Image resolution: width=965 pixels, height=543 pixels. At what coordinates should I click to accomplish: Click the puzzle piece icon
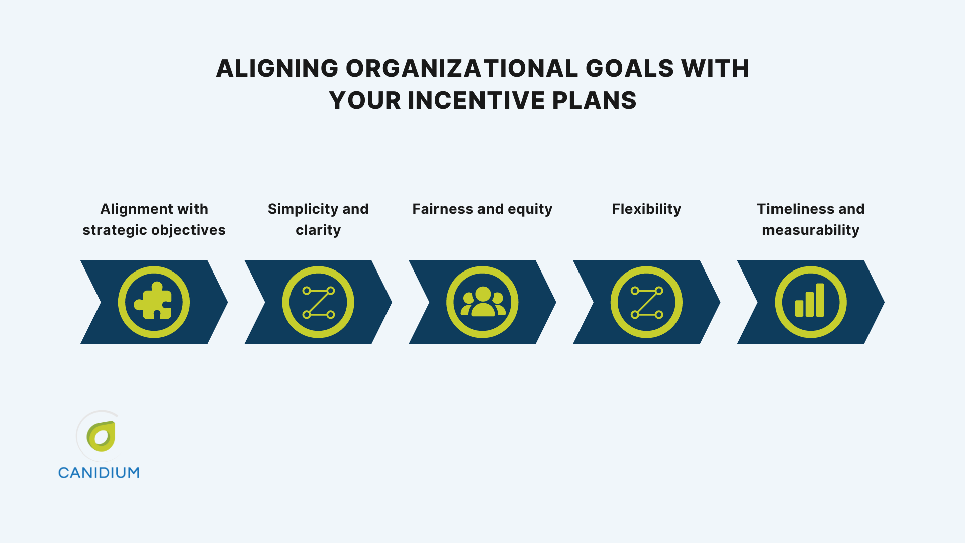click(154, 302)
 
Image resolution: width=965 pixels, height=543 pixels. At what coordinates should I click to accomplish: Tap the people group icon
click(482, 302)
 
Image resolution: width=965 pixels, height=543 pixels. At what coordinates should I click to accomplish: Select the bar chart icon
click(810, 302)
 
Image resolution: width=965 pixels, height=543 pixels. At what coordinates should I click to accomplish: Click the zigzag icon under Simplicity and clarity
click(318, 302)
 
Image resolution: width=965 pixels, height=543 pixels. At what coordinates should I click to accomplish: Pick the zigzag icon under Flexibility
click(646, 302)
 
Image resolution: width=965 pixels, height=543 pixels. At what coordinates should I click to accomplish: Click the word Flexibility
click(646, 209)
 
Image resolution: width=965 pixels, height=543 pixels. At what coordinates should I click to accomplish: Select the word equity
click(530, 209)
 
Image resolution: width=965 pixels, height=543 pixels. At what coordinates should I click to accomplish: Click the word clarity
click(318, 230)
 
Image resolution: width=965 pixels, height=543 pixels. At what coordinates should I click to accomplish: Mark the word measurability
click(810, 230)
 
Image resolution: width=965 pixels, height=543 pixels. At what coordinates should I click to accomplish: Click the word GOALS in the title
click(629, 68)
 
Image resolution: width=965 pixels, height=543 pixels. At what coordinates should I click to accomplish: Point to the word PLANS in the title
click(594, 100)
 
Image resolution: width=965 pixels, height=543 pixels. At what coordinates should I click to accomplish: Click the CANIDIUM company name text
click(99, 473)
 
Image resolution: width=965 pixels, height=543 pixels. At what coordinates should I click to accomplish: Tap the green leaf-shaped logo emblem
click(102, 436)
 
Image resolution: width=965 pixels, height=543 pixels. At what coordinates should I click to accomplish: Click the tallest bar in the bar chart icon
click(820, 300)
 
